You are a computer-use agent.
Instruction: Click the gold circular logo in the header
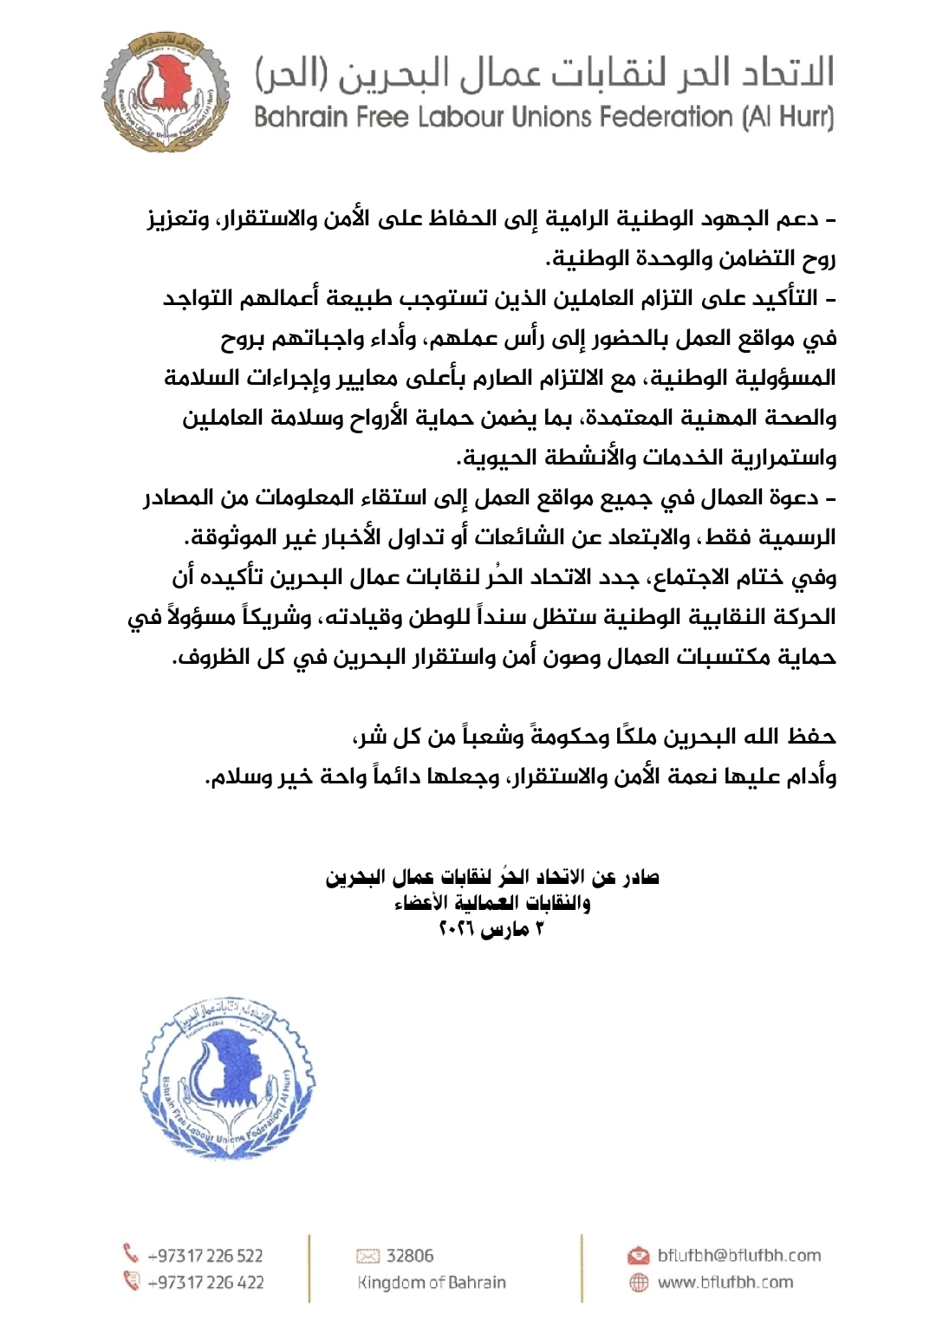[x=166, y=92]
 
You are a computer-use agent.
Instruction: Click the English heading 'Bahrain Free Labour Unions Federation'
[x=543, y=117]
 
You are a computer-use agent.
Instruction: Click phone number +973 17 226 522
[x=205, y=1255]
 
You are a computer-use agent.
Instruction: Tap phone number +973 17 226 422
[x=205, y=1282]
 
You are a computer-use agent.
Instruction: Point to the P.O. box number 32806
[x=410, y=1255]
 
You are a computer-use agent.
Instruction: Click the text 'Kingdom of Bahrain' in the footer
[x=432, y=1282]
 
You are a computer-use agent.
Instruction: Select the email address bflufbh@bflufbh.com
[x=738, y=1255]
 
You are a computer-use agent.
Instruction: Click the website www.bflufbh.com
[x=725, y=1282]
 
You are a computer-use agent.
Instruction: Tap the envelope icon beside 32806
[x=368, y=1256]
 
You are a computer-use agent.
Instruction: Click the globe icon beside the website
[x=639, y=1283]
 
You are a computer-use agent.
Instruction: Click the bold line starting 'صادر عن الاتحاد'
[x=492, y=877]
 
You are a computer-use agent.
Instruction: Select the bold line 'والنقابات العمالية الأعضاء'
[x=492, y=903]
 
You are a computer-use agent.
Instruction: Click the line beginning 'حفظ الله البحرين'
[x=594, y=737]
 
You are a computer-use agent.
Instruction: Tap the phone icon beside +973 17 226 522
[x=132, y=1254]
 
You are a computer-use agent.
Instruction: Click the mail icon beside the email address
[x=639, y=1255]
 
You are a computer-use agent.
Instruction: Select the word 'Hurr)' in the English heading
[x=808, y=117]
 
